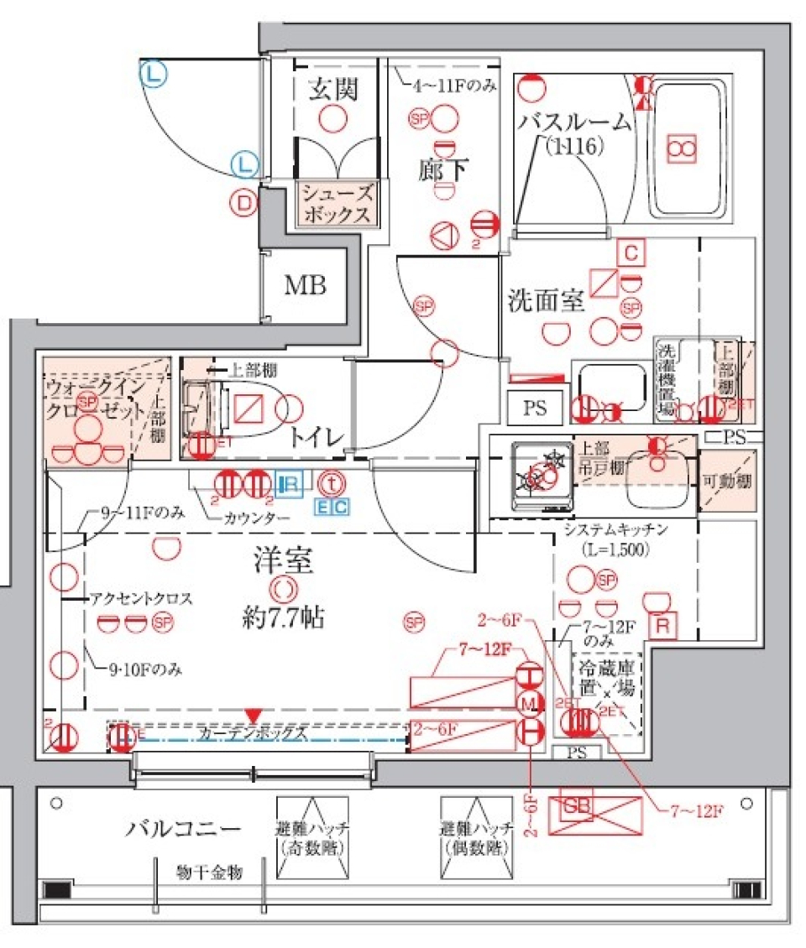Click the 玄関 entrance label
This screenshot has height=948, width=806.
[333, 88]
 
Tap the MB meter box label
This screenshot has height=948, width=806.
[305, 285]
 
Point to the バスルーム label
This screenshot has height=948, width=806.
[574, 123]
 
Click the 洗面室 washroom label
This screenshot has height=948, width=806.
[547, 300]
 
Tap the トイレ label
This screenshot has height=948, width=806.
[317, 436]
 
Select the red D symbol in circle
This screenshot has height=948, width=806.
[244, 202]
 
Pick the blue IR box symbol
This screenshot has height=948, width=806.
[288, 484]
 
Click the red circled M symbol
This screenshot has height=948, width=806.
[528, 701]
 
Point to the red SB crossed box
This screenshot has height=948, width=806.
[588, 810]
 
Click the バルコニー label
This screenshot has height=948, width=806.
[183, 829]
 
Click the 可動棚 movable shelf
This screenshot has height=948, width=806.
[728, 482]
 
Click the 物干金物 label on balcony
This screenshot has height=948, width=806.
[209, 873]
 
